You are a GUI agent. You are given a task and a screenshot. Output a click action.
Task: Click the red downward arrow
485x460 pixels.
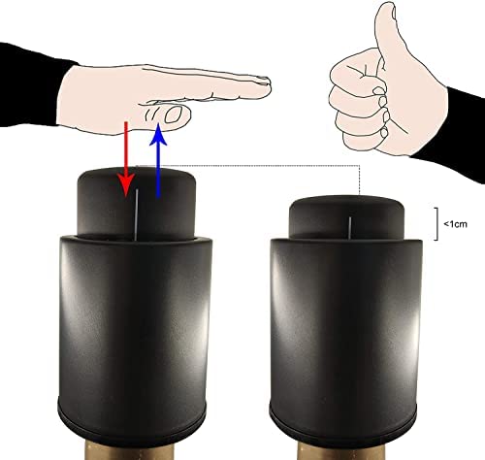coord(126,159)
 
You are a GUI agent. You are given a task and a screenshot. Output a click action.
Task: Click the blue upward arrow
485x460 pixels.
coord(158,160)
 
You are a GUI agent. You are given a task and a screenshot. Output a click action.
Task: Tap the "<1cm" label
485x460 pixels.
coord(455,224)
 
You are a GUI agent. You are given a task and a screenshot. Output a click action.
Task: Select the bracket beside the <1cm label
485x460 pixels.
coord(437,224)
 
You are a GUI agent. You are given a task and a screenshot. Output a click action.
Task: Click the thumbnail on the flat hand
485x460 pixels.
coord(174,115)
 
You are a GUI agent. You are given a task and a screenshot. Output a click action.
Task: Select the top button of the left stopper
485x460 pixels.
coord(136,203)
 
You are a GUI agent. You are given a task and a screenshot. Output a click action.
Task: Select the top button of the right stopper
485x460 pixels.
coord(346,217)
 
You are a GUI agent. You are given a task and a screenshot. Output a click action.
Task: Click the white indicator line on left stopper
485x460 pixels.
coord(137,214)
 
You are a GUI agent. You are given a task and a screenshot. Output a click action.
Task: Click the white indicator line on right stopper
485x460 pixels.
coord(349,228)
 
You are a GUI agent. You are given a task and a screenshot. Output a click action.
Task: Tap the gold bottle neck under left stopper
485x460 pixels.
coord(130,450)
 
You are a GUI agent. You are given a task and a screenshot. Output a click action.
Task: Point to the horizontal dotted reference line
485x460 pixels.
coord(247,166)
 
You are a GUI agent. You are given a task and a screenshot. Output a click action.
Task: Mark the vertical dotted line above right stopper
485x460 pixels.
coord(360,181)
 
